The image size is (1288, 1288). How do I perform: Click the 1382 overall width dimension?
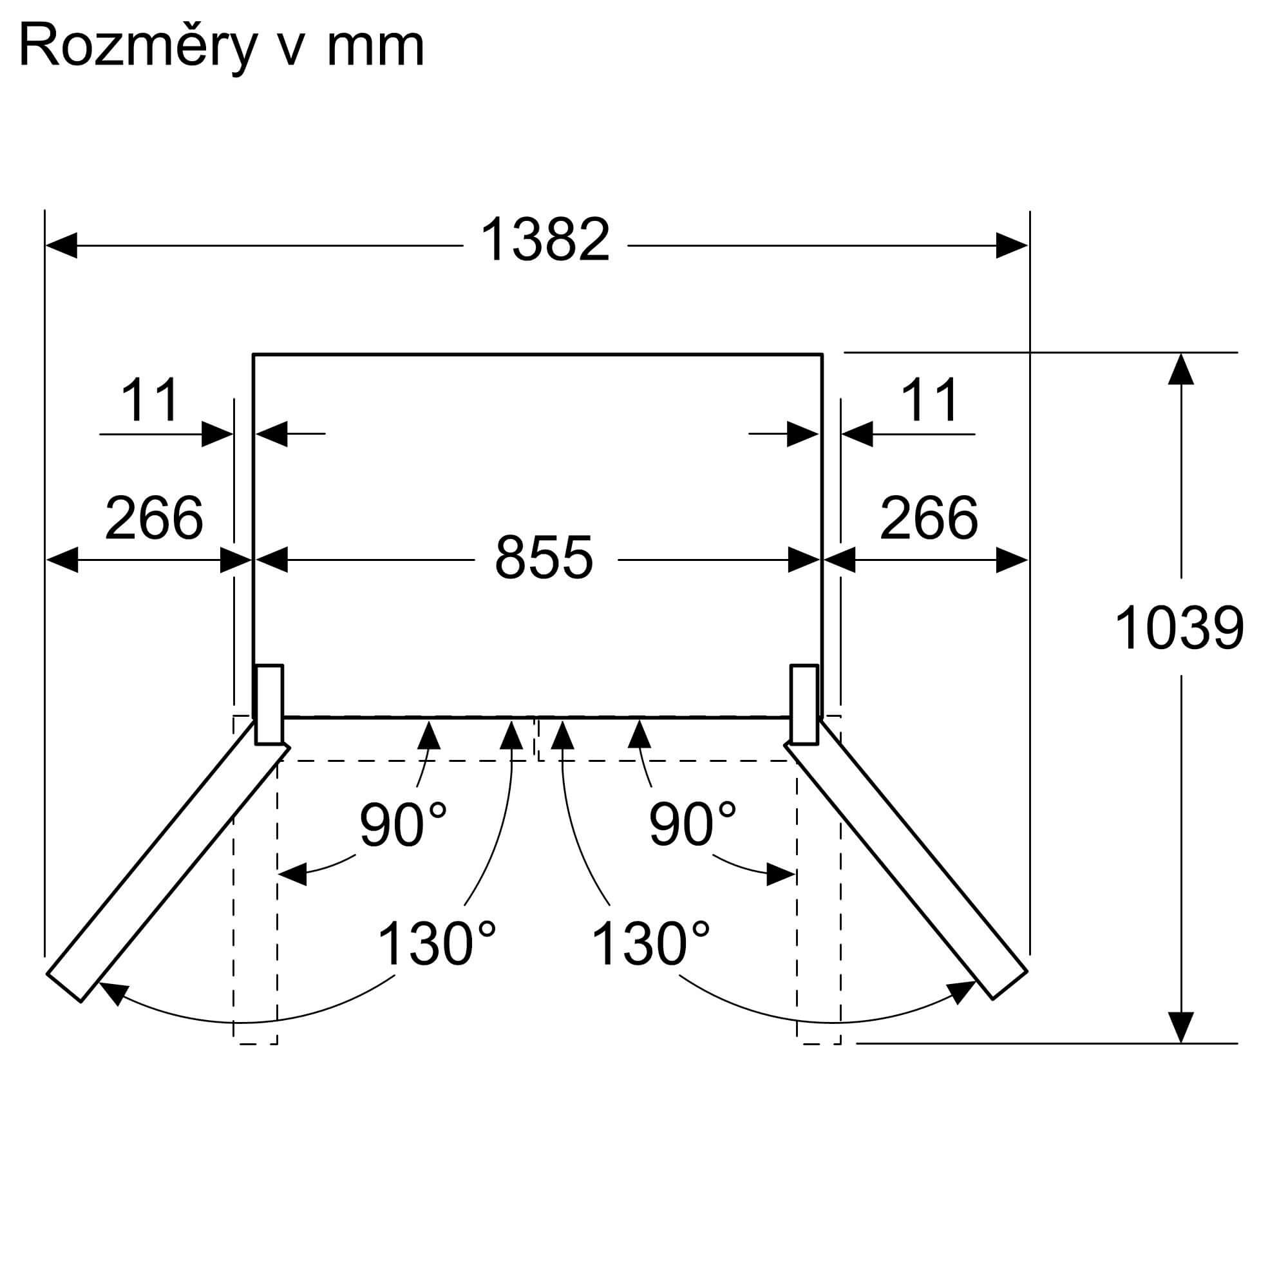(x=545, y=240)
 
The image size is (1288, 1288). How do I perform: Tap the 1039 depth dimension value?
(x=1179, y=628)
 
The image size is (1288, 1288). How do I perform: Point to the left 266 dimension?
(x=153, y=517)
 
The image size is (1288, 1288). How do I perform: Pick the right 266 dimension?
(x=929, y=517)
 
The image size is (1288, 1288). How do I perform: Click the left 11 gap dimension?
(x=150, y=400)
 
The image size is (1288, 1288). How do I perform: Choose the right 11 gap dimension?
(x=929, y=400)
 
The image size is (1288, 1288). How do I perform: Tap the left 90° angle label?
(x=402, y=824)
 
